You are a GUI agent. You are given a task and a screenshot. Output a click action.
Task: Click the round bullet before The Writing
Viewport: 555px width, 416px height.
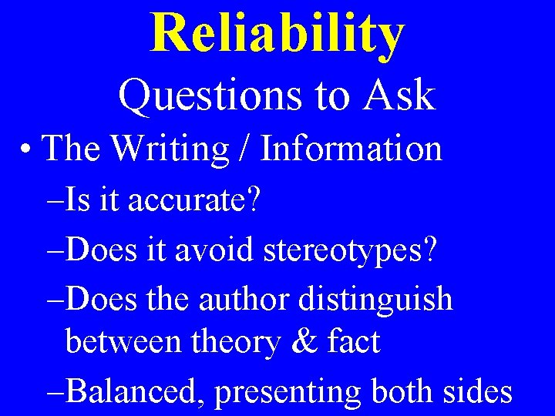[28, 149]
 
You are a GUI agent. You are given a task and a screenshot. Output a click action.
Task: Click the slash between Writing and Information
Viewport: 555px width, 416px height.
[245, 148]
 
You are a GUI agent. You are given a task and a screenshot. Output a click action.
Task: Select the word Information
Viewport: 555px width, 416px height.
[351, 148]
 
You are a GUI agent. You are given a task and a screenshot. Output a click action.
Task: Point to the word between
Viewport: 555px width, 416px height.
[123, 341]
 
